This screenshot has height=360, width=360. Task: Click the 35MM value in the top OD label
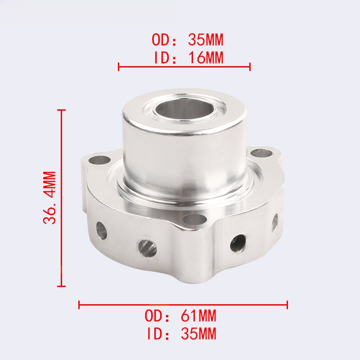pos(206,40)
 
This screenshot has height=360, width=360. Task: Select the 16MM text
pos(206,58)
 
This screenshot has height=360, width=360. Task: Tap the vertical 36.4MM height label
pos(49,198)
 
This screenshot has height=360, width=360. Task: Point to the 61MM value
pos(198,316)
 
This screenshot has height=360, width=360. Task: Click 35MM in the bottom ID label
pos(198,333)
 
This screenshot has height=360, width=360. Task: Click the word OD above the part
pos(161,40)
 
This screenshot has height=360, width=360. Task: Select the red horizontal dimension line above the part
pos(184,67)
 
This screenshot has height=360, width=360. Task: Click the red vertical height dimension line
pos(61,198)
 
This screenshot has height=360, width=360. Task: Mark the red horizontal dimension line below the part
pos(183,305)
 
